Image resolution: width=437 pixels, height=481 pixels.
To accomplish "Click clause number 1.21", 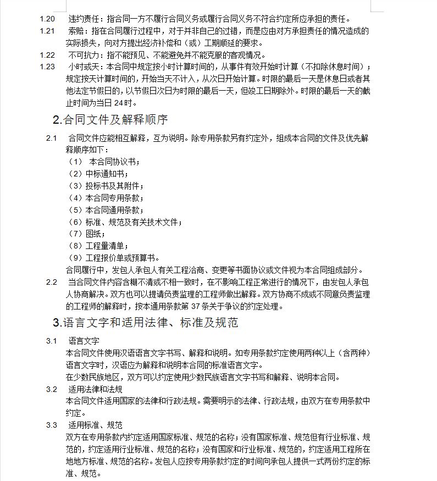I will tap(47, 31).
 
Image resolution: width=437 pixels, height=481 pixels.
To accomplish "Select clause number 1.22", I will tap(47, 55).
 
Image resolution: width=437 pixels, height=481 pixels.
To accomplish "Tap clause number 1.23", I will tap(47, 67).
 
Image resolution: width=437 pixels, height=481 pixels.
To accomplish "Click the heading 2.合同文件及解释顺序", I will tap(110, 119).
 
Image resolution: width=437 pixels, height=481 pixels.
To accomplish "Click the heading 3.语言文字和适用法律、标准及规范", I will tap(145, 323).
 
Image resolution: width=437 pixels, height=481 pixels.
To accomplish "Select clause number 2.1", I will tap(52, 137).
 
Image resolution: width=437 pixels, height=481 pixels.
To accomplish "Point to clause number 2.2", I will tap(52, 282).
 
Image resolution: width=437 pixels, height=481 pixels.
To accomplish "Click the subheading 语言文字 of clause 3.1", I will tap(84, 341).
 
